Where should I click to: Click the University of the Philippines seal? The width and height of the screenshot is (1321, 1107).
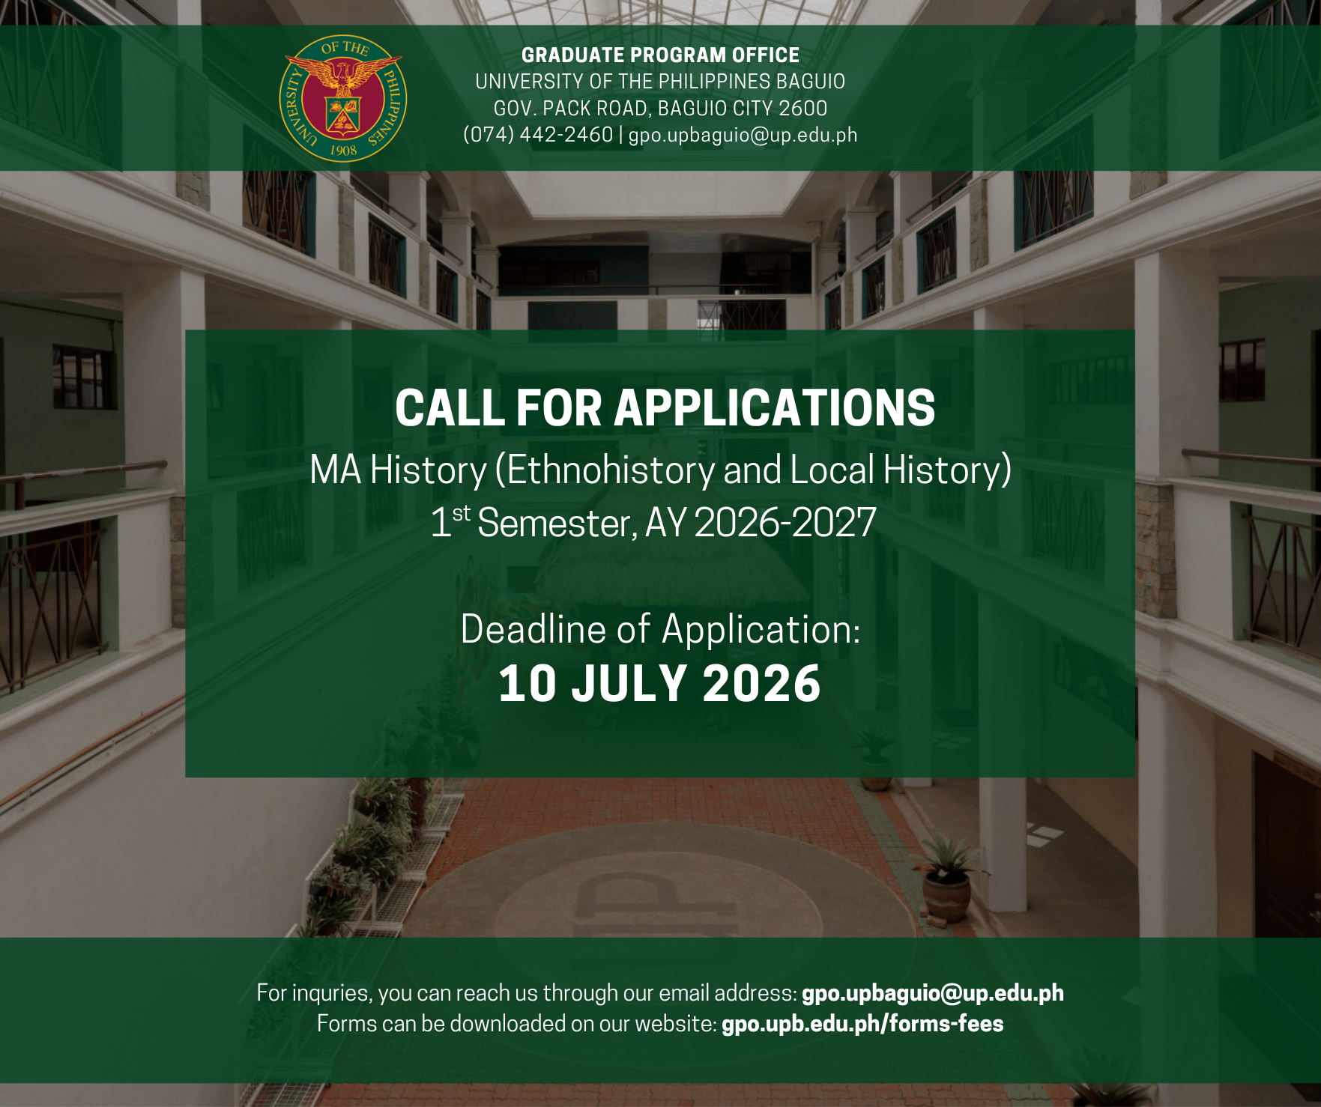[x=343, y=98]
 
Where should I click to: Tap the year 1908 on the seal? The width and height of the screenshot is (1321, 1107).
[x=343, y=150]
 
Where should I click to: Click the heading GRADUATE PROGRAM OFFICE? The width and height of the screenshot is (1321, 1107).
[x=660, y=55]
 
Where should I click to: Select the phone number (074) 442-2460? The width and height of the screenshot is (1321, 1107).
[x=538, y=135]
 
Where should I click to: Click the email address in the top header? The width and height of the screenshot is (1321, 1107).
[x=743, y=136]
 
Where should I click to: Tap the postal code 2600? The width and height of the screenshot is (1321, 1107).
[x=802, y=109]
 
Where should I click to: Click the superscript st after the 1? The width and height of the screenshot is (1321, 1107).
[x=462, y=513]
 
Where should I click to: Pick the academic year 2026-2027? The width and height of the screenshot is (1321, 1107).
[x=785, y=523]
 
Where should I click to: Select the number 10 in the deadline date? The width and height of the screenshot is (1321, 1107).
[x=528, y=684]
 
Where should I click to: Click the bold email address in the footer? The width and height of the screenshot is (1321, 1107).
[x=932, y=993]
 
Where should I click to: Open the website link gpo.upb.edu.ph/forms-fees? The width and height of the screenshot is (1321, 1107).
[x=862, y=1024]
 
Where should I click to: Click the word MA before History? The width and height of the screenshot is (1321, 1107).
[x=336, y=470]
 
